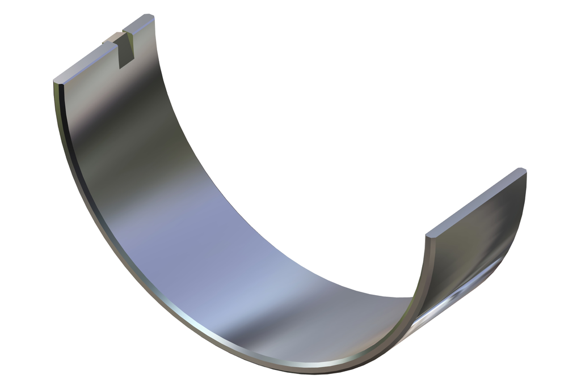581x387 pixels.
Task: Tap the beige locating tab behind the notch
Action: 111,39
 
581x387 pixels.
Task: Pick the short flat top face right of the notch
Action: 138,24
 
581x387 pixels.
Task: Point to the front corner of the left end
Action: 56,82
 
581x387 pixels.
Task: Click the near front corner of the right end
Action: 429,233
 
